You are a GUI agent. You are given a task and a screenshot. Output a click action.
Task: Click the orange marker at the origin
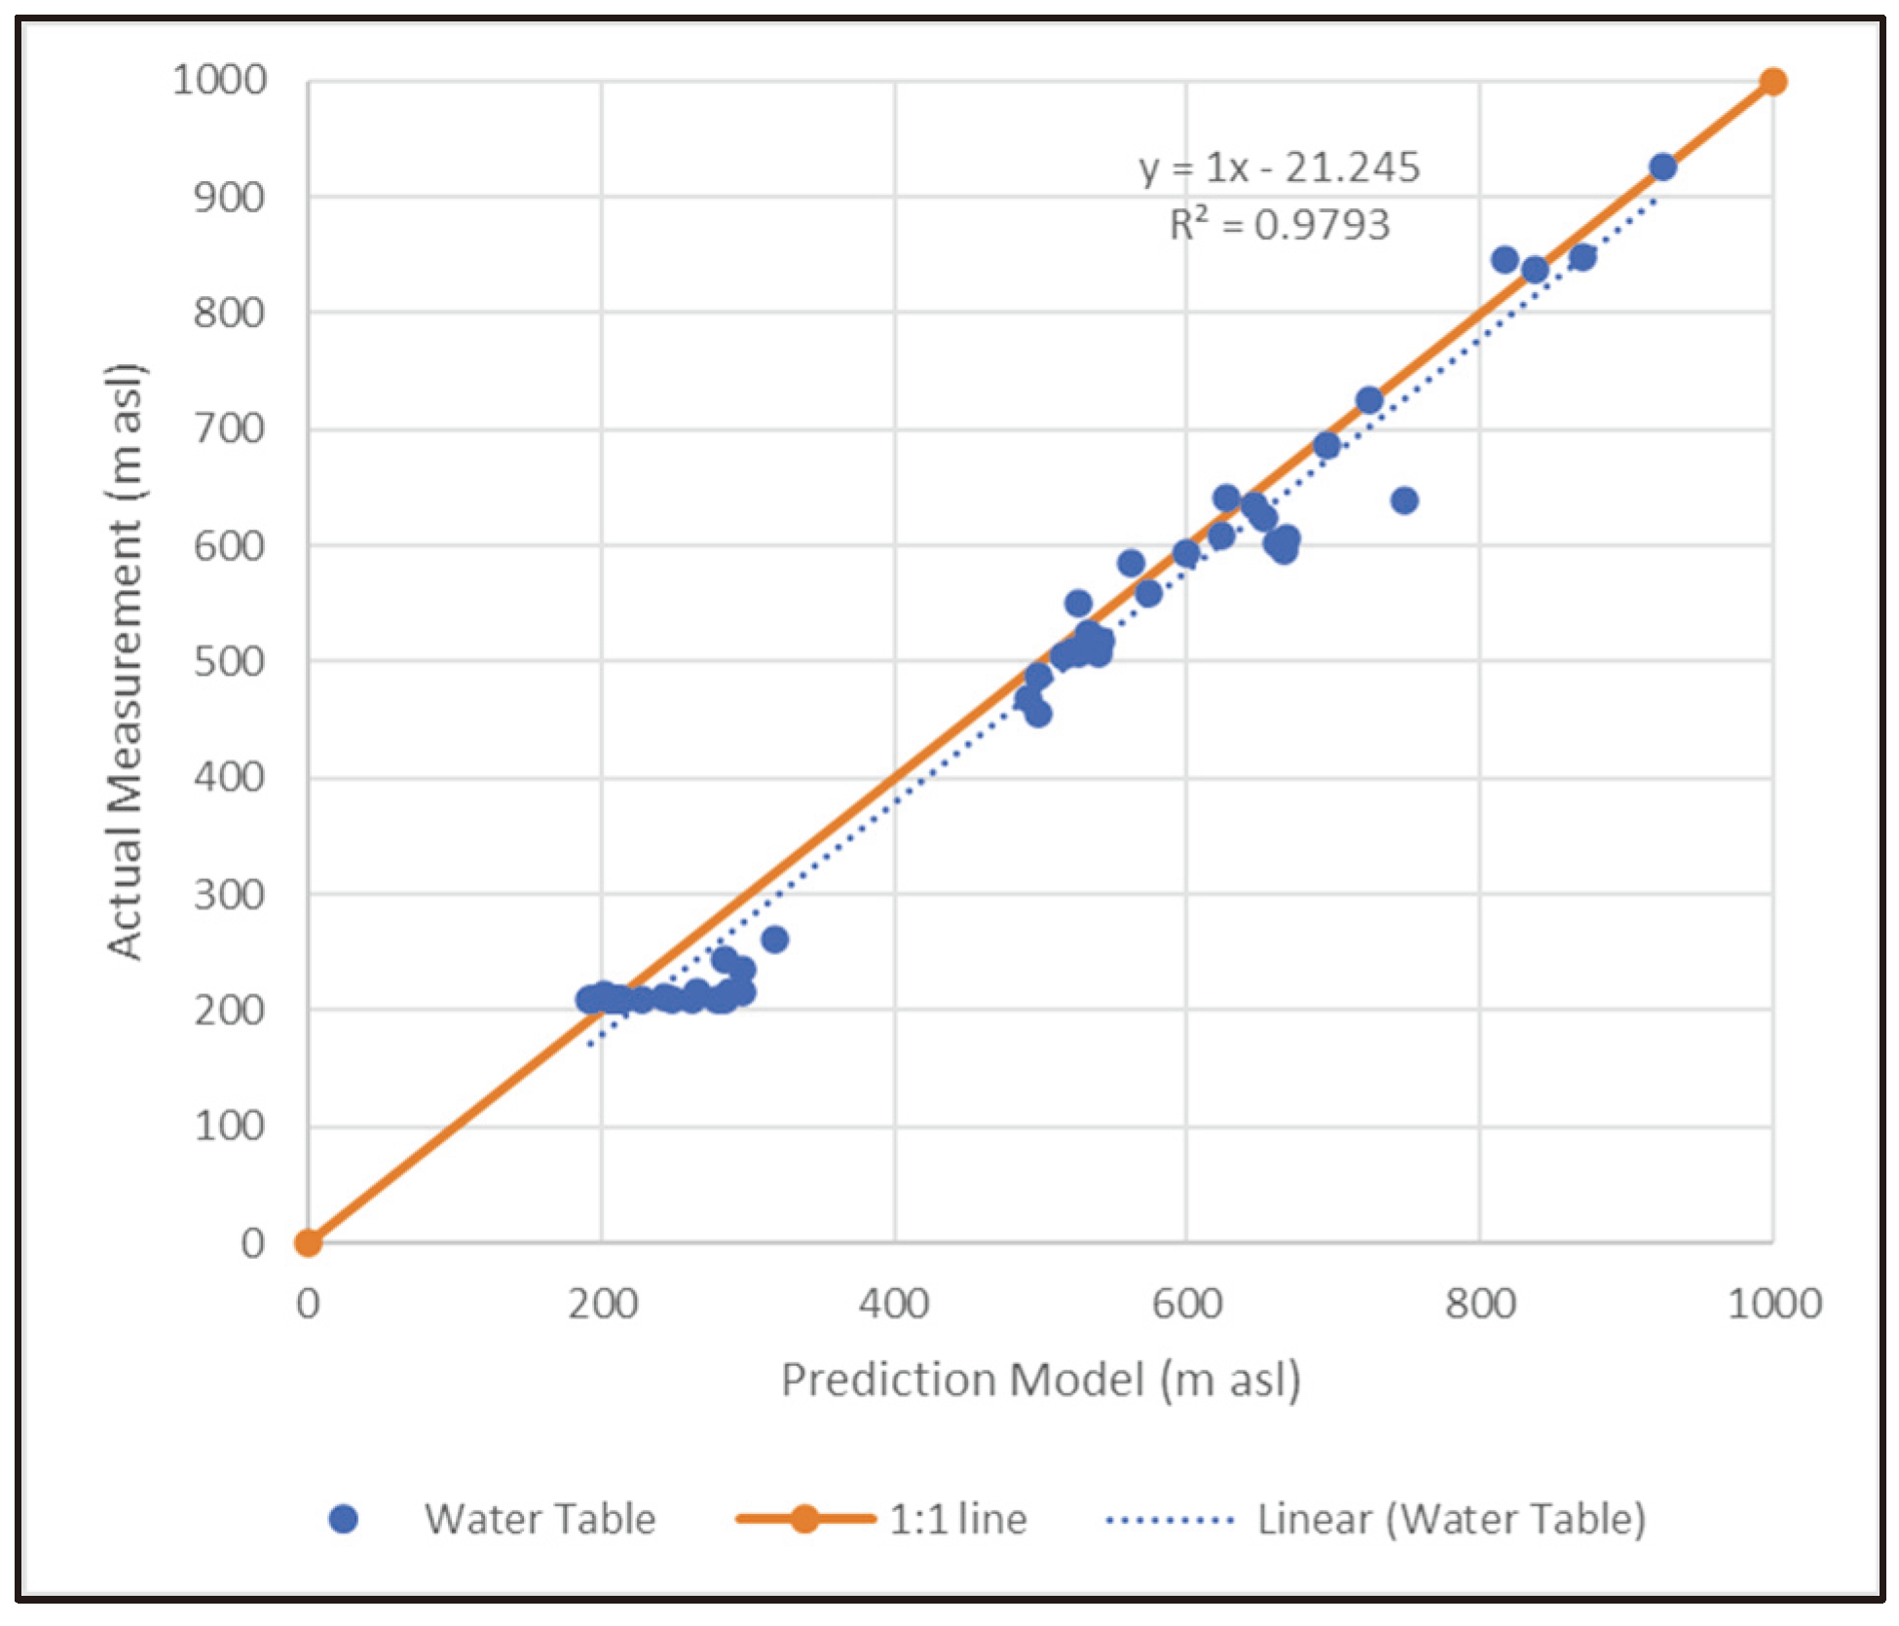[x=308, y=1243]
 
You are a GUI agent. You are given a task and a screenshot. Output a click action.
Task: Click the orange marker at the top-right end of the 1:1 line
[x=1772, y=81]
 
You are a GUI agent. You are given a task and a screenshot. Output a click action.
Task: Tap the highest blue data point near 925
[x=1662, y=167]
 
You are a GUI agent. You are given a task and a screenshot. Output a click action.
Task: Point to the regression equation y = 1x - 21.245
[x=1279, y=167]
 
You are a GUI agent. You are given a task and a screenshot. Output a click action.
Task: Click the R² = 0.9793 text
[x=1279, y=225]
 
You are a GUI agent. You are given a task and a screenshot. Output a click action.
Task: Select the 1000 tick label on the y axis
[x=219, y=80]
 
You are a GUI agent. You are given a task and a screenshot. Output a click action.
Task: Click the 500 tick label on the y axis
[x=229, y=662]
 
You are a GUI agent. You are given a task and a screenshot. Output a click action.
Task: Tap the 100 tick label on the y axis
[x=229, y=1127]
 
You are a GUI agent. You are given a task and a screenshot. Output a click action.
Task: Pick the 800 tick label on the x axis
[x=1480, y=1304]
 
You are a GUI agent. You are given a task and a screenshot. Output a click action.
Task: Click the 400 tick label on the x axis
[x=894, y=1304]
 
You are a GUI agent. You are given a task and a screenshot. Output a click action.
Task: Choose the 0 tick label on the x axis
[x=308, y=1304]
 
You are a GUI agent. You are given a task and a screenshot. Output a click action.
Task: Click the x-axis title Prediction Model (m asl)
[x=1040, y=1380]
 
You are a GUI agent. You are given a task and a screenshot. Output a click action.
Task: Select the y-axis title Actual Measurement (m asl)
[x=125, y=662]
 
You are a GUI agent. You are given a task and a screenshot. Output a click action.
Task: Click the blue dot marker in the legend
[x=343, y=1519]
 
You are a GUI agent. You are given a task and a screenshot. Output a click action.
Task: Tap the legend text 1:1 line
[x=958, y=1519]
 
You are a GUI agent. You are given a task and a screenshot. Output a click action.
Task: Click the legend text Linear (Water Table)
[x=1451, y=1519]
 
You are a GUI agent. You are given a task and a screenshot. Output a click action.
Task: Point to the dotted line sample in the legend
[x=1170, y=1519]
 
